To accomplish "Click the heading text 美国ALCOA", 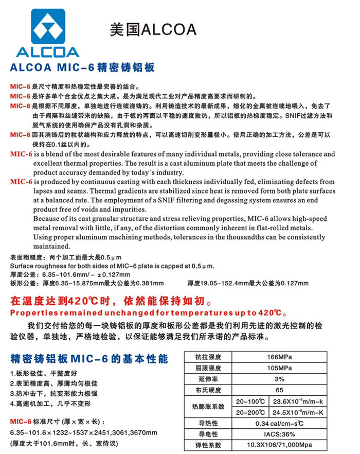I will pos(153,29).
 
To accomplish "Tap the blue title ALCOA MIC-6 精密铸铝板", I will pos(83,67).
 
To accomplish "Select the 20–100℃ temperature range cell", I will pos(250,401).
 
